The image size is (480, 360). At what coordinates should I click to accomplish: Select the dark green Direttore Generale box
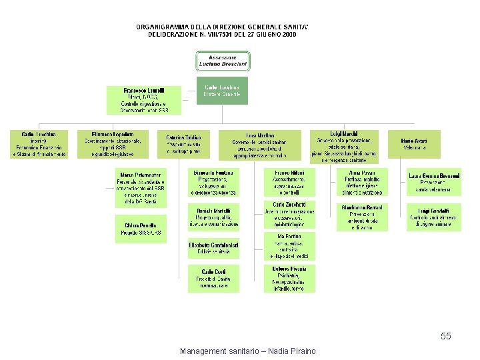pyautogui.click(x=222, y=91)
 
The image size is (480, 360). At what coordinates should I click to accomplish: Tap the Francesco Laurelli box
pyautogui.click(x=144, y=100)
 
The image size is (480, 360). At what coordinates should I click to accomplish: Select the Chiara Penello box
pyautogui.click(x=141, y=229)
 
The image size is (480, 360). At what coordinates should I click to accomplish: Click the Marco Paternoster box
pyautogui.click(x=141, y=187)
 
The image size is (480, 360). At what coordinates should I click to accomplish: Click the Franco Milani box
pyautogui.click(x=289, y=181)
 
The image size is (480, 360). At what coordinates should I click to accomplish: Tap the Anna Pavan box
pyautogui.click(x=363, y=181)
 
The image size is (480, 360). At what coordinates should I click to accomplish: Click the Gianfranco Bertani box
pyautogui.click(x=363, y=217)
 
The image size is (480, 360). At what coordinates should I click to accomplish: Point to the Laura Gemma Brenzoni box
pyautogui.click(x=434, y=181)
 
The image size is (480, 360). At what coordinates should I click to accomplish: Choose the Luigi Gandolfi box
pyautogui.click(x=434, y=217)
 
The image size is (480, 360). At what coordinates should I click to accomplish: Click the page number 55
pyautogui.click(x=445, y=336)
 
